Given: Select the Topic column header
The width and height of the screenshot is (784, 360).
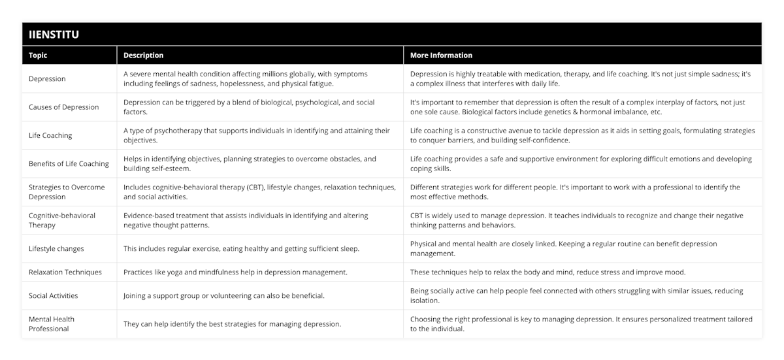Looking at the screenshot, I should (38, 56).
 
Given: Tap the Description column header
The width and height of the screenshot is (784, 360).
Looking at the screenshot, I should (143, 56).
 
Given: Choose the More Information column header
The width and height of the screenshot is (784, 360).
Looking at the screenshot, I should (441, 56).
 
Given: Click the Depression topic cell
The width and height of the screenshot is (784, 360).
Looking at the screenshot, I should (47, 79).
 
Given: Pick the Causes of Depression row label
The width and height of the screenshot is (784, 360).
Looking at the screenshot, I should (64, 107).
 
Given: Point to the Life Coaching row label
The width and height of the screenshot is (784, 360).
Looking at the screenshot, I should (50, 135).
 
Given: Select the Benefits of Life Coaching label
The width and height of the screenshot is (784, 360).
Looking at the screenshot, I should (69, 163).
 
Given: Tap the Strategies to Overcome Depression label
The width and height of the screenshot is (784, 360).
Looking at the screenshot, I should (67, 192).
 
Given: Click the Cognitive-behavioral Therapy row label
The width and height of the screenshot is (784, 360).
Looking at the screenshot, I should (62, 220).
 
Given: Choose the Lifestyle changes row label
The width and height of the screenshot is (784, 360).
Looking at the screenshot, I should (56, 248).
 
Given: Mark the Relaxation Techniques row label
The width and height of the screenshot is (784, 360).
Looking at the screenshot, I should (65, 272).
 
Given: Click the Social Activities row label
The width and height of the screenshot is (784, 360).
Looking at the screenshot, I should (54, 295).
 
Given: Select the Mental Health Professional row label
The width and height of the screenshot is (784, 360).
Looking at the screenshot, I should (52, 324).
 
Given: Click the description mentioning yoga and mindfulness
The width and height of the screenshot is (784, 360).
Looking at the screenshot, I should (236, 272).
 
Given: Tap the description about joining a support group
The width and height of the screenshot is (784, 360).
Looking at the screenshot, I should (225, 295).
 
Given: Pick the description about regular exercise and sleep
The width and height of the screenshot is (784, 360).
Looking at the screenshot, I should (241, 248).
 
